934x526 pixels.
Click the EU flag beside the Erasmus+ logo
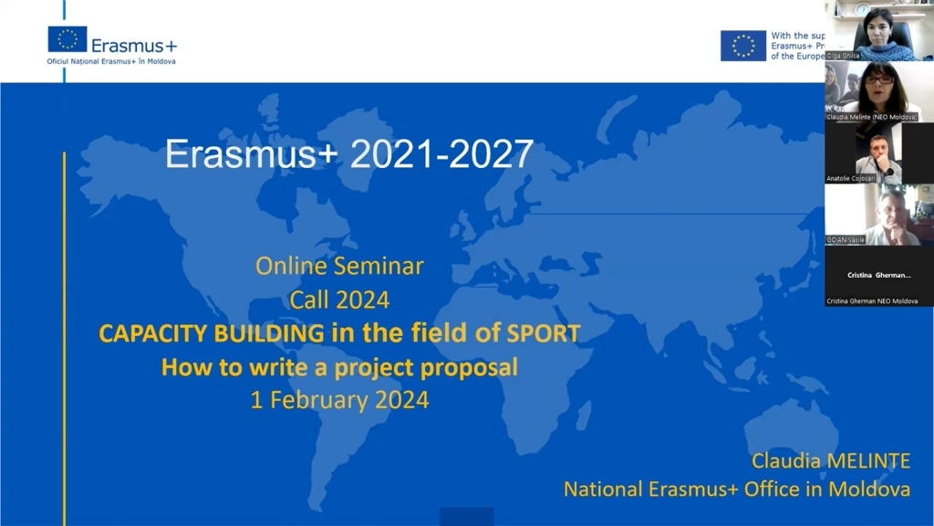point(67,38)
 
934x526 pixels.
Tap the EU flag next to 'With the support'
point(743,46)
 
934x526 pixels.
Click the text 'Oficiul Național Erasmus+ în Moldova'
point(111,61)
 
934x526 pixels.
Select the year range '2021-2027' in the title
point(441,154)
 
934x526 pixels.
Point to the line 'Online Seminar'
point(339,267)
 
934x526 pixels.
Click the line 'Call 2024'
point(339,300)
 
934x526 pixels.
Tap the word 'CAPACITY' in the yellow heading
point(154,333)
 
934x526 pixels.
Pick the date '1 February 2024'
point(339,400)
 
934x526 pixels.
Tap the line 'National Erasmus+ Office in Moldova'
point(736,489)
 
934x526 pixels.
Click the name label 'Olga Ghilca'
point(843,56)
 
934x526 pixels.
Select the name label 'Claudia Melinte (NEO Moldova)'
point(871,117)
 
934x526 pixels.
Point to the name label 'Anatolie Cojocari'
point(851,178)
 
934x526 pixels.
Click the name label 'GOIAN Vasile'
point(846,239)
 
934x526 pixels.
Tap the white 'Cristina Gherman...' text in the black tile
point(879,275)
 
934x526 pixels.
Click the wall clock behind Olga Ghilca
point(862,8)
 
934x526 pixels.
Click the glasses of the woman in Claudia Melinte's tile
point(879,80)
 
